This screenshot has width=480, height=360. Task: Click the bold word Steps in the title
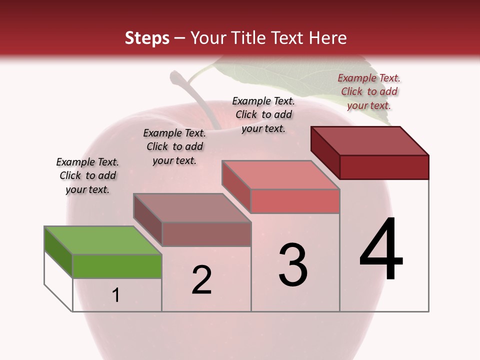(x=147, y=38)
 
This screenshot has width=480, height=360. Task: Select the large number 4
(x=381, y=249)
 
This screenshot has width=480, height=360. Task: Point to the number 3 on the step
(x=293, y=265)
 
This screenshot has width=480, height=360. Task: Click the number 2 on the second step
(x=202, y=280)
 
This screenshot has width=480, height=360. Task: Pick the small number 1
(x=116, y=295)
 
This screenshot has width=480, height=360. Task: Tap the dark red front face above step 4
(x=384, y=167)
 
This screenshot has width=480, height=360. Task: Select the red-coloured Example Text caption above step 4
(x=369, y=91)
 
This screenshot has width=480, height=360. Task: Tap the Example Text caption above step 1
(x=87, y=175)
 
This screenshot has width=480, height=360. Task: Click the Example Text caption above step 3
(x=263, y=114)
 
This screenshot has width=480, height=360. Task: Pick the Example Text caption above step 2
(x=174, y=146)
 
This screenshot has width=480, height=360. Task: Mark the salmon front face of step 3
(x=295, y=201)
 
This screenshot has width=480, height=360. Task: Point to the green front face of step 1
(x=117, y=266)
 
